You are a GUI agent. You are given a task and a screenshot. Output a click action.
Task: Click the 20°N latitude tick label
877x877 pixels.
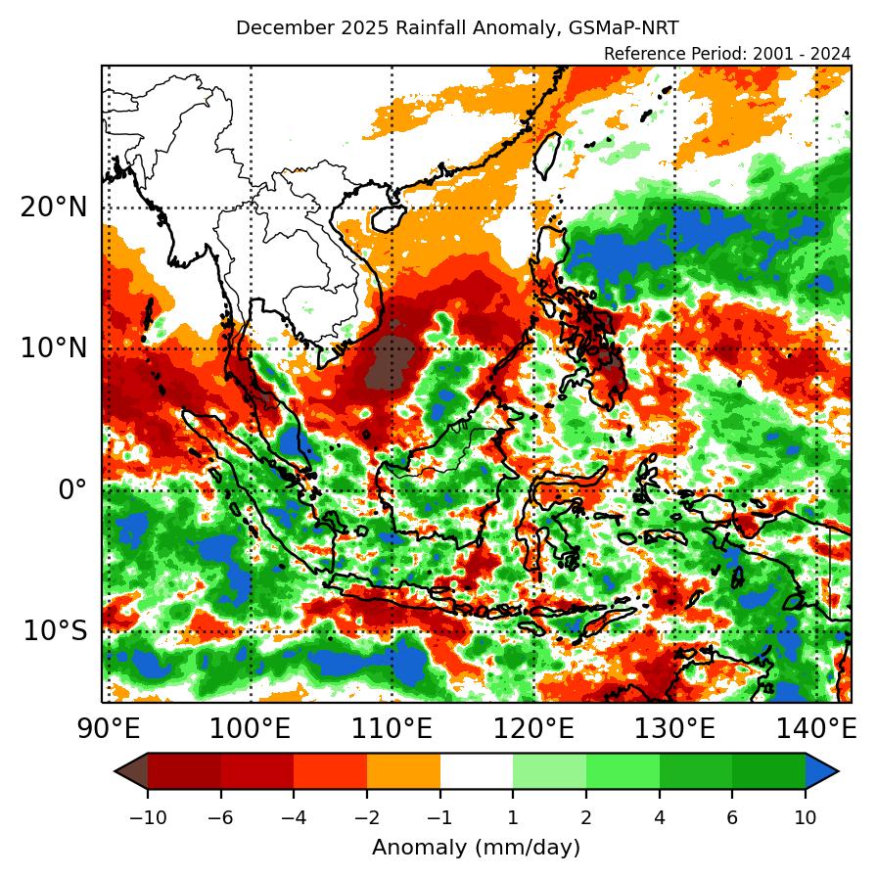click(54, 208)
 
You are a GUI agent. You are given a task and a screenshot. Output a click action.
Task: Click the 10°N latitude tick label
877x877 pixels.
click(54, 348)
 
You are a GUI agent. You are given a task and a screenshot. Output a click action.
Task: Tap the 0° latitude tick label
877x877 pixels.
click(72, 489)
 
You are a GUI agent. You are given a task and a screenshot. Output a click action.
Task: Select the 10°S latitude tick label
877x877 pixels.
click(55, 630)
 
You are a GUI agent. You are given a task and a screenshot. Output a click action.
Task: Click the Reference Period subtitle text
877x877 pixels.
click(727, 53)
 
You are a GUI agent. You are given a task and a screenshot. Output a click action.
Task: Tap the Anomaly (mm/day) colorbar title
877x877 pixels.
click(476, 847)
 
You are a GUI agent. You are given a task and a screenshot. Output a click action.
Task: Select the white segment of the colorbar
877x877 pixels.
click(476, 772)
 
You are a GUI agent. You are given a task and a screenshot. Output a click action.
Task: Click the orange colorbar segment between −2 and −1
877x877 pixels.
click(403, 772)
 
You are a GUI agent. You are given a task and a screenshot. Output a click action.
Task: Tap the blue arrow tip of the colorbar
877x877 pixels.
click(823, 772)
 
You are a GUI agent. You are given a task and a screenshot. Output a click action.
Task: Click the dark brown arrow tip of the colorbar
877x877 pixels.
click(130, 772)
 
